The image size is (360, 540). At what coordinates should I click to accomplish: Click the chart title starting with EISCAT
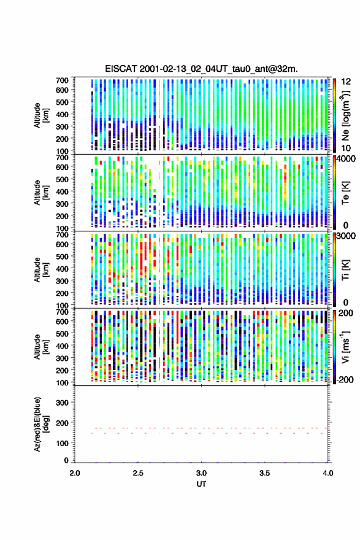pos(201,69)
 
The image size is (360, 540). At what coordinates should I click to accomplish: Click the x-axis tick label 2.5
pos(138,473)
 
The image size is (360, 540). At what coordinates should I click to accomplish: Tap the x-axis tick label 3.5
pos(265,473)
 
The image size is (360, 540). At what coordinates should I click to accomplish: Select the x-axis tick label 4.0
pos(328,473)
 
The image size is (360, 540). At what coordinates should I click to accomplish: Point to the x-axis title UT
pos(201,484)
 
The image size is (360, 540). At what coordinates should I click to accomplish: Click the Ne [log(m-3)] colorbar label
pos(345,116)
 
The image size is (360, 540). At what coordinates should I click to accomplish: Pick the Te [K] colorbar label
pos(345,193)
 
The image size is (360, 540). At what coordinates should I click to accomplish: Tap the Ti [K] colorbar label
pos(345,270)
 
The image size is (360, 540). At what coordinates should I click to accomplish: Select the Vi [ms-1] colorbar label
pos(345,347)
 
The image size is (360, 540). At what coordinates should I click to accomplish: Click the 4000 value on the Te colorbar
pos(346,160)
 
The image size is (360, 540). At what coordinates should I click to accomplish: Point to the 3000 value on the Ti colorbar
pos(346,236)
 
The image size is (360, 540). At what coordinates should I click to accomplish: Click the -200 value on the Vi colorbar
pos(345,380)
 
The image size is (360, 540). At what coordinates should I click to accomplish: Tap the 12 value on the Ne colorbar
pos(346,82)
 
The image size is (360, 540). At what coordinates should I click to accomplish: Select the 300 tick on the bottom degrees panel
pos(62,403)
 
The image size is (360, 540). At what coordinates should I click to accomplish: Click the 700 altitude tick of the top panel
pos(62,80)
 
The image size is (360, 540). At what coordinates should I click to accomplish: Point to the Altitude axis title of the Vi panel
pos(41,347)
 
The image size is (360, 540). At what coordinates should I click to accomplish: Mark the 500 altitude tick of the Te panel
pos(62,179)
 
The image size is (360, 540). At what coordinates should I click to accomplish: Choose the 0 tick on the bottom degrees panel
pos(66,460)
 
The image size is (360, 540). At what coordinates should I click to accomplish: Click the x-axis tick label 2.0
pos(75,473)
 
